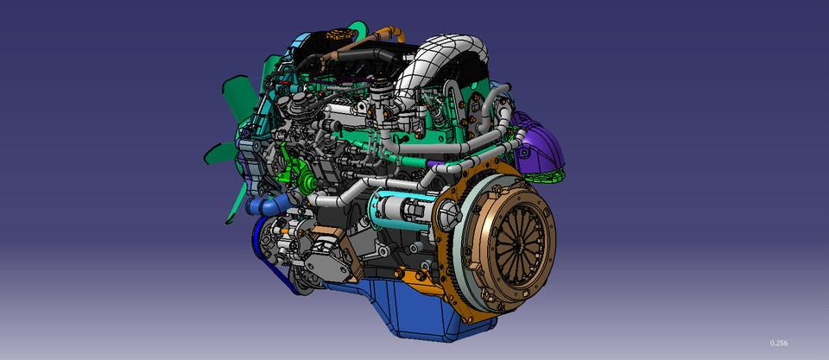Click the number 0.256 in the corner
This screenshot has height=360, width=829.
pyautogui.click(x=779, y=343)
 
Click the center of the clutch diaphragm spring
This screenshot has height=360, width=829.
pyautogui.click(x=520, y=241)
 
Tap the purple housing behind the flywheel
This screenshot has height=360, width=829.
pyautogui.click(x=539, y=144)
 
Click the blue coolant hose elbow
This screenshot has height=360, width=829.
pyautogui.click(x=268, y=204)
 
